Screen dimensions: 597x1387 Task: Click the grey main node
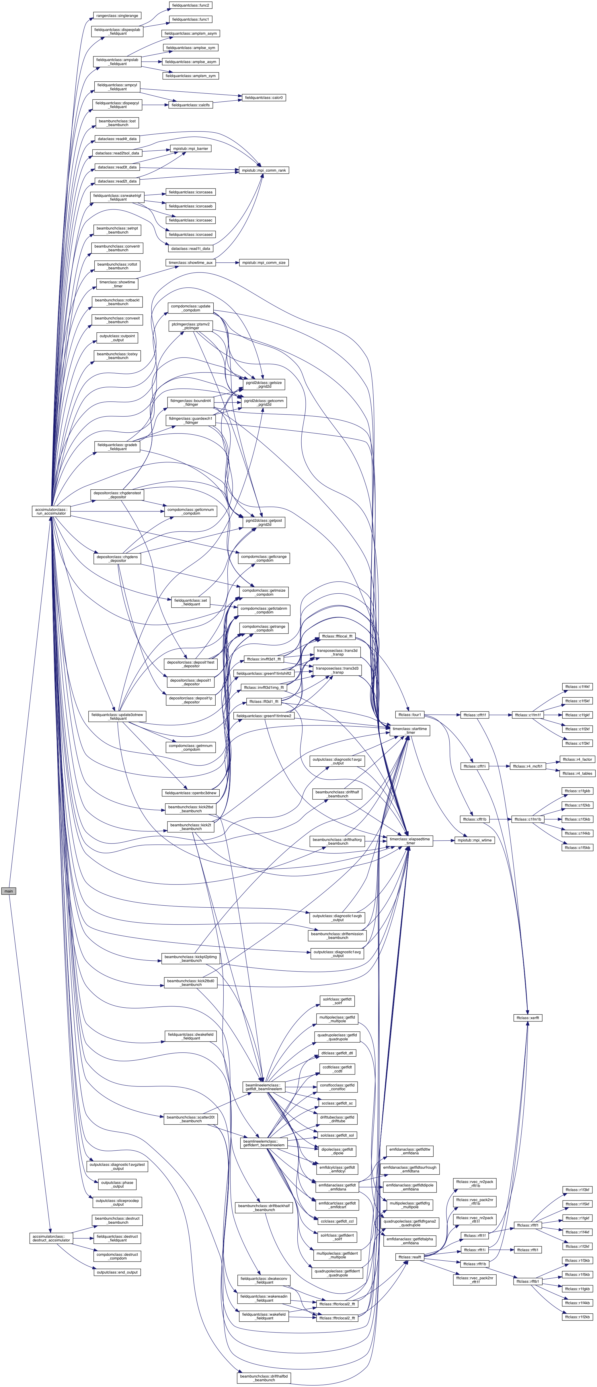click(x=9, y=891)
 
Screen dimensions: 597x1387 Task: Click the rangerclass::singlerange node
click(x=117, y=15)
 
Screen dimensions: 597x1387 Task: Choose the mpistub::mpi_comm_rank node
click(x=264, y=170)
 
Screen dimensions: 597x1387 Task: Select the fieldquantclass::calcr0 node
click(x=264, y=97)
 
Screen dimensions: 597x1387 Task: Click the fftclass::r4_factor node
click(x=577, y=759)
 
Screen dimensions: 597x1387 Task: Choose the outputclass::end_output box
click(x=117, y=1272)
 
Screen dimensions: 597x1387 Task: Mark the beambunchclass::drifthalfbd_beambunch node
click(x=264, y=1378)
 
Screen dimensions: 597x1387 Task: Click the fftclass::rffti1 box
click(x=528, y=1250)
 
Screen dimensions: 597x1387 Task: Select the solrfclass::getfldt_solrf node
click(x=337, y=1001)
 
